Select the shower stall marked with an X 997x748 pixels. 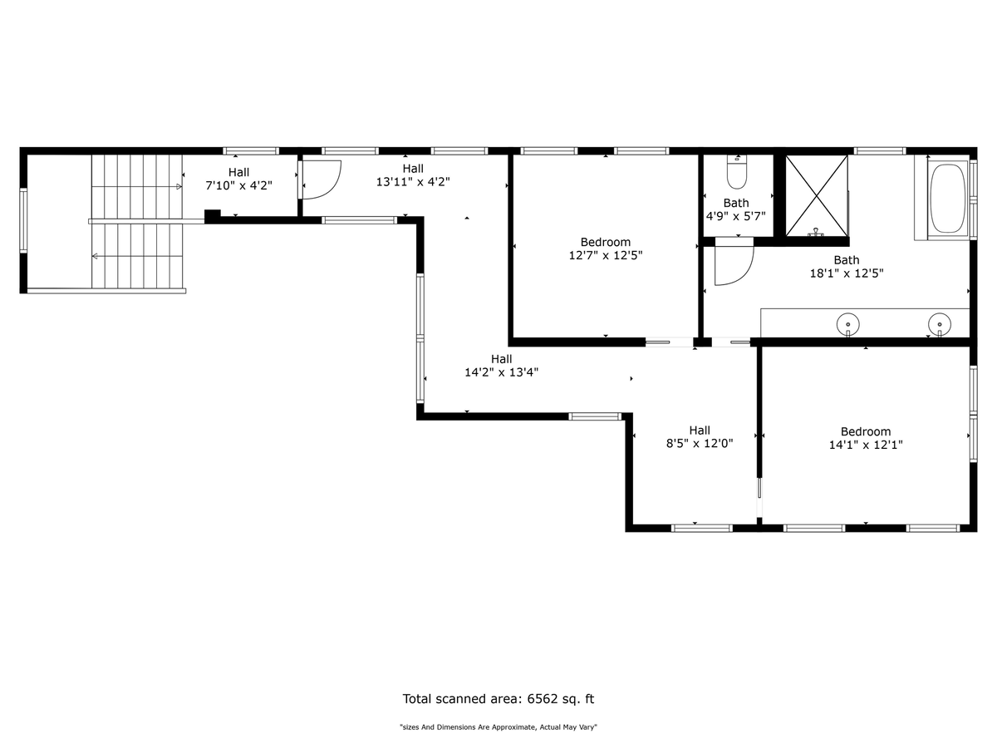pos(816,196)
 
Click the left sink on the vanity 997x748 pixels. pos(847,325)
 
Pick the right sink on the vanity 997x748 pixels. pos(940,325)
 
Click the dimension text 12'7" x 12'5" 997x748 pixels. pos(606,255)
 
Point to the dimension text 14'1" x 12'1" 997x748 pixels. pos(865,445)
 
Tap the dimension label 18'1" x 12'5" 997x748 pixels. pos(847,273)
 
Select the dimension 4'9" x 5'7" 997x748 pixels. pos(736,216)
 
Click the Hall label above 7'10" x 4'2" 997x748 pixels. pos(238,172)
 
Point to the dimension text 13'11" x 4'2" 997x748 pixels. pos(413,182)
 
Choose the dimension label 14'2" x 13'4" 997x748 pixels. pos(501,372)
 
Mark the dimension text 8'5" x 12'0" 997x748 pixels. pos(700,443)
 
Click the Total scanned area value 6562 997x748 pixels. pos(542,699)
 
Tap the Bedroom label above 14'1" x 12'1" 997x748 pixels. pos(865,431)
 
